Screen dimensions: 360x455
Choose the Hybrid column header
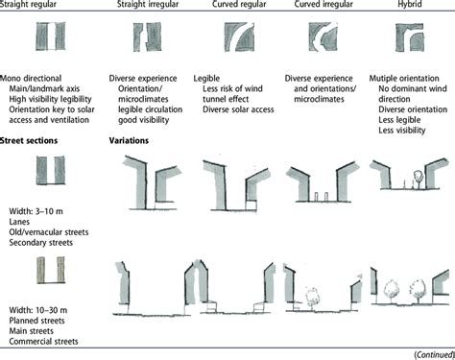[x=413, y=9]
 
